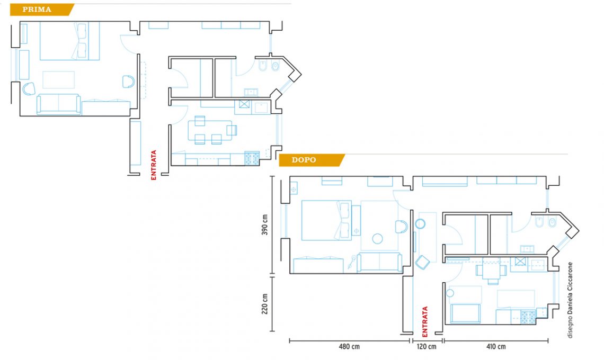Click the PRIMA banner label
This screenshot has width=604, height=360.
[37, 10]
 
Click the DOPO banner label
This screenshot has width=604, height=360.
[304, 160]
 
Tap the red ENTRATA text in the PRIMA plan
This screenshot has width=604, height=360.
[154, 165]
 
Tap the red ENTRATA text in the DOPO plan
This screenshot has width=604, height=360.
[425, 322]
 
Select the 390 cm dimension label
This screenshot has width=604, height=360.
[265, 225]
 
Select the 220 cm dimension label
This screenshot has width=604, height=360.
[265, 304]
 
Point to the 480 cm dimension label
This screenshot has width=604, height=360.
[349, 347]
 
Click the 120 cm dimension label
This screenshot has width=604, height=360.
[427, 347]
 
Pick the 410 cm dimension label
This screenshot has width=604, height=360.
[496, 347]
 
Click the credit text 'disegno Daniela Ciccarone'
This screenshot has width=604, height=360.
[570, 300]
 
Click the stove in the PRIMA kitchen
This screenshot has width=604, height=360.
[252, 159]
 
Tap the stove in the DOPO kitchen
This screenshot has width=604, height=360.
[528, 317]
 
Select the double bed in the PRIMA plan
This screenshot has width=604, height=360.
[70, 41]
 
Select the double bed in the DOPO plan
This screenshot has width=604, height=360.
[326, 220]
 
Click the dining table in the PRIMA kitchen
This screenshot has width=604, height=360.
[210, 130]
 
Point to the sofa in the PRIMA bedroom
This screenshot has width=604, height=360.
[59, 105]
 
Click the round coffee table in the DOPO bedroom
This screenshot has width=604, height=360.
[377, 239]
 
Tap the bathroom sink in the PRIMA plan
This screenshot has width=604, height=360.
[251, 92]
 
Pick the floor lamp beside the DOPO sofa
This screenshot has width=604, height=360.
[352, 262]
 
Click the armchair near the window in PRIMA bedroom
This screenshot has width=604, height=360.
[29, 89]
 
